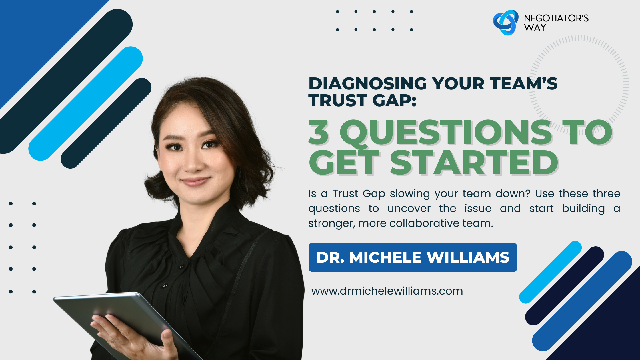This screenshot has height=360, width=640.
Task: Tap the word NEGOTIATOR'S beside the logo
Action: pos(556,18)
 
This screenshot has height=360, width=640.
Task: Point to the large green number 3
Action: pos(319,132)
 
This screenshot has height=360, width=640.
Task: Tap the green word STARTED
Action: pos(474,163)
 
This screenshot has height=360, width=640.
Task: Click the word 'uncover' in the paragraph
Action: pos(409,209)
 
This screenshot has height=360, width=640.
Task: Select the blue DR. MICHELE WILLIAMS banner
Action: pos(413,257)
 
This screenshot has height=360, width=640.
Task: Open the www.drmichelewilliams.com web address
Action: pos(387,291)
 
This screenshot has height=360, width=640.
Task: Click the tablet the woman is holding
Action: pos(126,320)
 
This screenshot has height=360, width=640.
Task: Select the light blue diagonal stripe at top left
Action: pos(85,103)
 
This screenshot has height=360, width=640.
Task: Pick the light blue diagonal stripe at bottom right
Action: pos(551,272)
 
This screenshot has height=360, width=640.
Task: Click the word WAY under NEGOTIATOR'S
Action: pos(535,28)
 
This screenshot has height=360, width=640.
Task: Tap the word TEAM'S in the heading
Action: pos(523,84)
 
